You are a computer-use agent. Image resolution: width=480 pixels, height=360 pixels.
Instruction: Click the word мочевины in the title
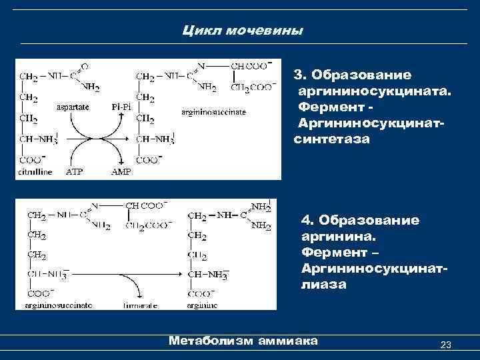coord(263,31)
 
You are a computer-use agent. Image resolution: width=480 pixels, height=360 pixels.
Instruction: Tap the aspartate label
coord(74,107)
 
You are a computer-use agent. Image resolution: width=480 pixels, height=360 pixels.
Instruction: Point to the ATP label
coord(74,171)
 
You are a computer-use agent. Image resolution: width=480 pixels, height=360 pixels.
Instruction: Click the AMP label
coord(121,171)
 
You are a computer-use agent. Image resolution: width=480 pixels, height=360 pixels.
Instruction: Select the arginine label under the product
coord(203,305)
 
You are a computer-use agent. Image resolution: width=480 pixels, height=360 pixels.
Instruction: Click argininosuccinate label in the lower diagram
coord(59,305)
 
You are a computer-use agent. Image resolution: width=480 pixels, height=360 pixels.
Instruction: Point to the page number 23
coord(446,345)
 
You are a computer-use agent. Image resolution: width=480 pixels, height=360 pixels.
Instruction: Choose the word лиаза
coord(323,284)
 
